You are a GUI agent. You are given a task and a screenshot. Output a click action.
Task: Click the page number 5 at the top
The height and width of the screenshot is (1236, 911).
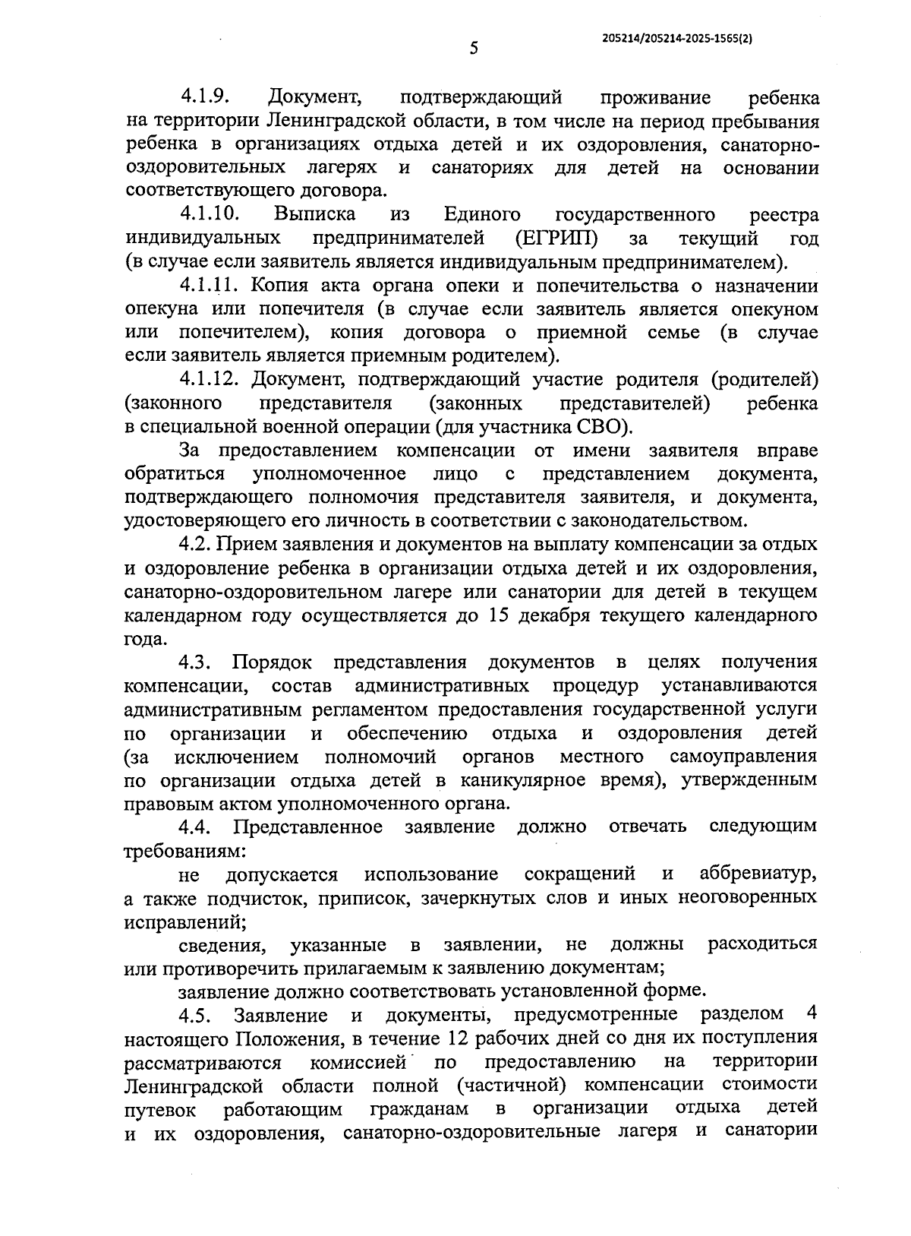coord(474,49)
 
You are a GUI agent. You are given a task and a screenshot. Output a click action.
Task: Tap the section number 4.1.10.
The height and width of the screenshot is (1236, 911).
coord(210,215)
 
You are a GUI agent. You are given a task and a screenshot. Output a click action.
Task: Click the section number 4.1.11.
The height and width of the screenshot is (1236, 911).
coord(210,286)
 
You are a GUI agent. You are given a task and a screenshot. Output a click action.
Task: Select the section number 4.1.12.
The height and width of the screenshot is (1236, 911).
coord(210,380)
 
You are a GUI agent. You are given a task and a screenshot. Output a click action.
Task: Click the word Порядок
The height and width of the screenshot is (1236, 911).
coord(271,662)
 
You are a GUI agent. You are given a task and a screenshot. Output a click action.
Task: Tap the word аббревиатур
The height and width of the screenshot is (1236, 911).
coord(758,874)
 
